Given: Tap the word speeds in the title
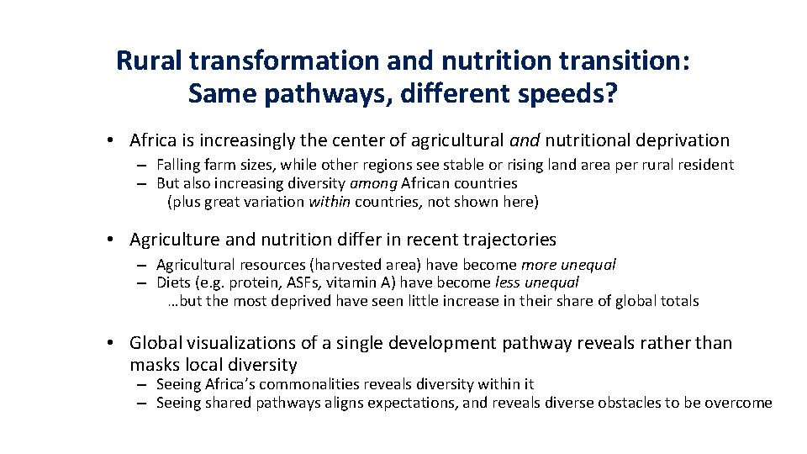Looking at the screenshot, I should (549, 93).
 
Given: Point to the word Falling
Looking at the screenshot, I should (176, 165).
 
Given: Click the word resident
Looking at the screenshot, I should (704, 165).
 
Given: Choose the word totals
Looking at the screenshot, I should (678, 301).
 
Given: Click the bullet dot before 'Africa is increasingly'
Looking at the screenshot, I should (111, 140).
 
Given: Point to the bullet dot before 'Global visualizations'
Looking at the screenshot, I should (111, 343).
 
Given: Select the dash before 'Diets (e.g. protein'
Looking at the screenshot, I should (144, 282).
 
